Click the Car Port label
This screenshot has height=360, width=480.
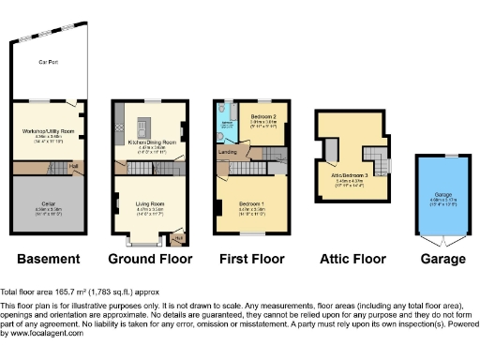(x=43, y=62)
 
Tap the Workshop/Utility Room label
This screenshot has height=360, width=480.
(x=49, y=132)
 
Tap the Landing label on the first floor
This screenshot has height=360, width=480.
(x=228, y=151)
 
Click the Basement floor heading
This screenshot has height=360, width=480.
(x=48, y=259)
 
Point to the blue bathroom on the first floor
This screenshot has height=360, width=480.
(x=227, y=119)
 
